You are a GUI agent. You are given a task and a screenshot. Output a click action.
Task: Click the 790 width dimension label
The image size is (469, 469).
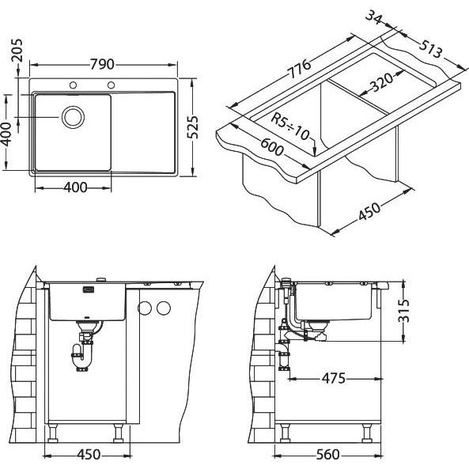tap(102, 64)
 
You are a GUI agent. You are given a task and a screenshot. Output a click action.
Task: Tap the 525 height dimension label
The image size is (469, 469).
tap(193, 127)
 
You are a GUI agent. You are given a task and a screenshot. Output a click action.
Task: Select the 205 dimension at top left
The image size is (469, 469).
tap(17, 51)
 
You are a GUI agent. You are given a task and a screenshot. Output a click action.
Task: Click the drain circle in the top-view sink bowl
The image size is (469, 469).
tap(73, 117)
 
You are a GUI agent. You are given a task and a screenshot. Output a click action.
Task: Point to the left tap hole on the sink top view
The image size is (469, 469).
tap(73, 85)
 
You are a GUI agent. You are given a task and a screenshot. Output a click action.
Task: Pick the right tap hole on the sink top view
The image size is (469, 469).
tap(111, 85)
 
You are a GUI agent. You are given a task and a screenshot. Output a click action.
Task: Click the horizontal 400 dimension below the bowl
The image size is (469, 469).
tap(75, 187)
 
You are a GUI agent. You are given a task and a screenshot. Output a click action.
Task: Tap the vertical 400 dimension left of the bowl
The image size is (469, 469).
tap(6, 134)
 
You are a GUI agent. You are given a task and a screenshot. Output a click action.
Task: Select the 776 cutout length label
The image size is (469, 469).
tap(299, 69)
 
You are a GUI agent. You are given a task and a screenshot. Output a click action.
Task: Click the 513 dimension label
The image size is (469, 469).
tap(430, 49)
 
